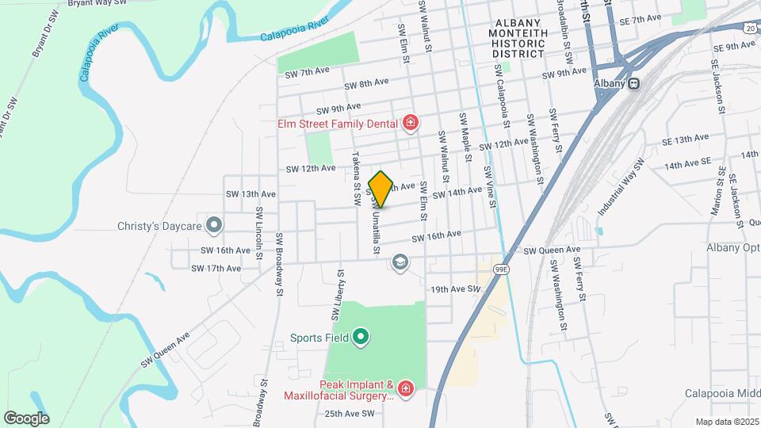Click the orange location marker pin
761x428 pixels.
pos(380,189)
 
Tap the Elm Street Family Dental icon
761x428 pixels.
pos(410,122)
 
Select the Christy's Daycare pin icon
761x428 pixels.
pos(213,226)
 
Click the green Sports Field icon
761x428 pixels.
pos(361,338)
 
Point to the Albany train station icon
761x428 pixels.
pos(633,83)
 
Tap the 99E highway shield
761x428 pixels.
pos(500,269)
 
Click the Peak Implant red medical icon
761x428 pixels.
pos(405,388)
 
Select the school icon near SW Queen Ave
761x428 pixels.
pos(401,262)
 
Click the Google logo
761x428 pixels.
pos(26,418)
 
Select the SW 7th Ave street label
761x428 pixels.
pos(307,71)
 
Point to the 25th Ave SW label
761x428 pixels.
pos(349,414)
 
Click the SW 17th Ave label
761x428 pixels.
pos(216,269)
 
